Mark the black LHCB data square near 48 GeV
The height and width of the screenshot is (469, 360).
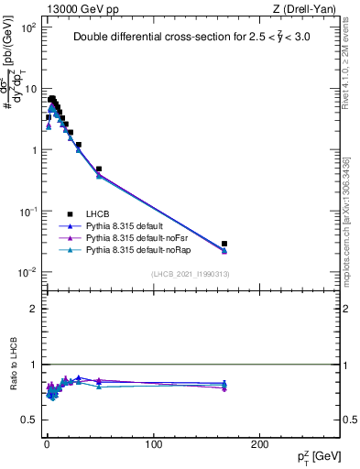tap(98, 169)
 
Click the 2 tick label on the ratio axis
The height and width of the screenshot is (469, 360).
tap(34, 309)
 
